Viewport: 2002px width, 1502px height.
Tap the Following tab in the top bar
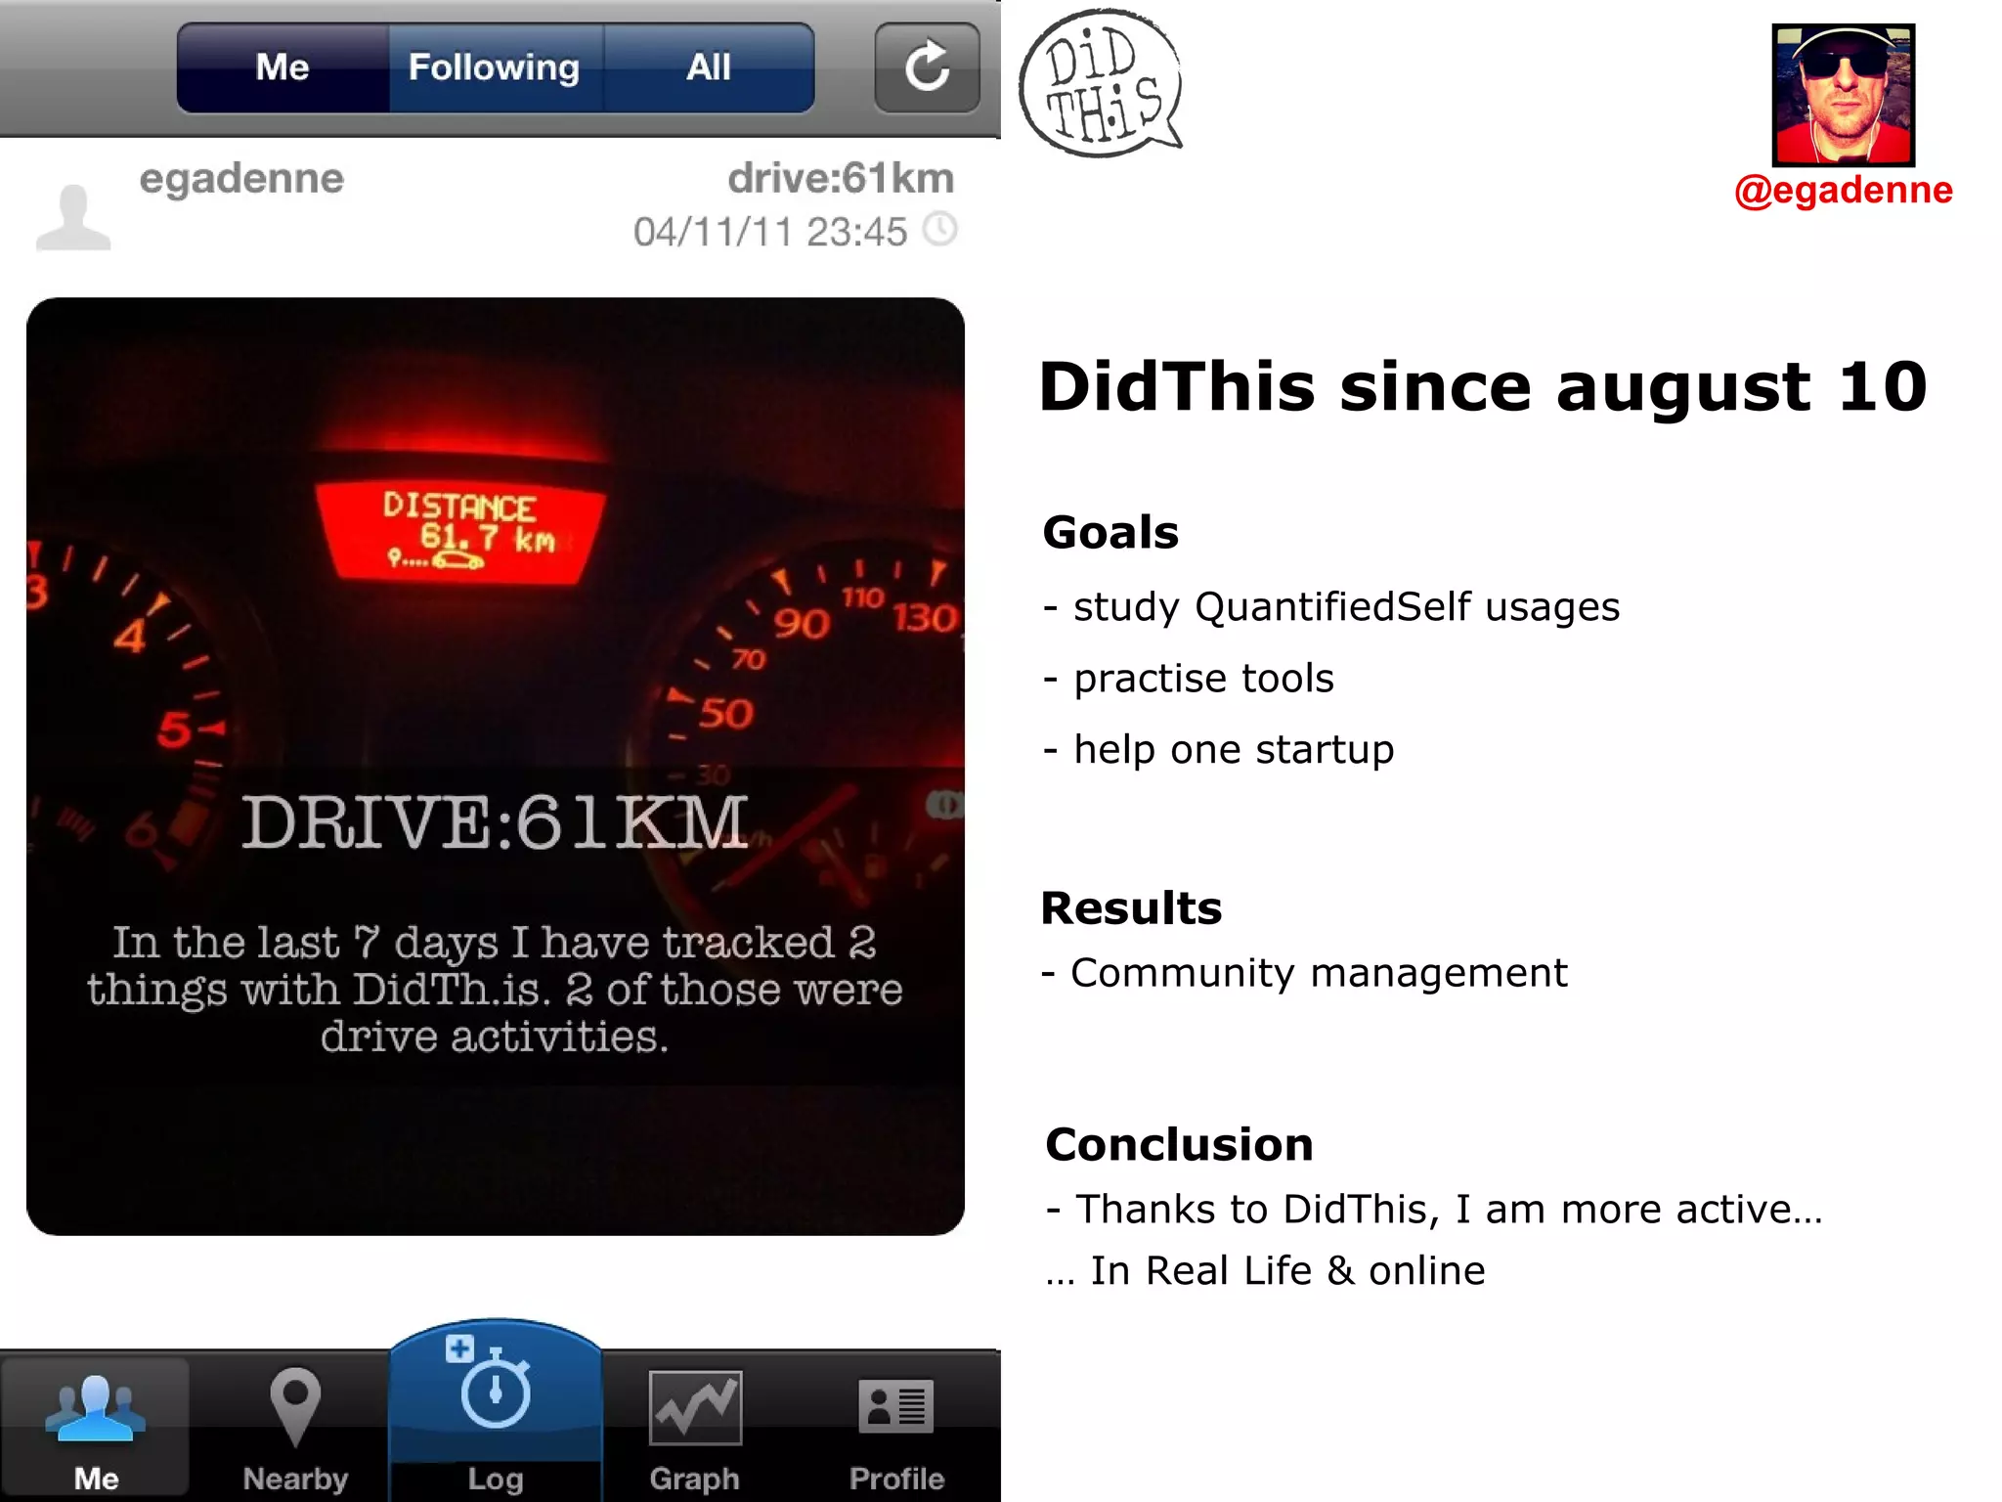coord(495,68)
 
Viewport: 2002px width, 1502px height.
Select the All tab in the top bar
coord(709,68)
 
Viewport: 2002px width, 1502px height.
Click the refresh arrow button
coord(927,68)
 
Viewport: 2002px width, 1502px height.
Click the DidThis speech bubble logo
coord(1100,84)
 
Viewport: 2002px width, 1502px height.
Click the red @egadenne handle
coord(1843,190)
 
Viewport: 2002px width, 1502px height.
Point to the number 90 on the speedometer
coord(802,623)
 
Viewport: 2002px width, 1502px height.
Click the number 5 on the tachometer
coord(174,729)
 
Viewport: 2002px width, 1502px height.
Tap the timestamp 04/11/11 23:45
coord(770,233)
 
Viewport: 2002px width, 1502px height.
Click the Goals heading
coord(1110,533)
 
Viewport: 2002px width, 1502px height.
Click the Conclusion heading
coord(1179,1145)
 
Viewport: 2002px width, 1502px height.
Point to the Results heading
coord(1131,908)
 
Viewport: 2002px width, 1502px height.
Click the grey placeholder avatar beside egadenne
coord(73,217)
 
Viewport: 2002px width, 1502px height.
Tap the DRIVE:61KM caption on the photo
coord(495,822)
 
